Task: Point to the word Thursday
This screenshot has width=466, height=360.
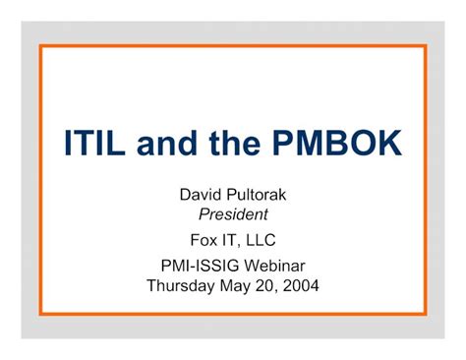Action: pyautogui.click(x=183, y=286)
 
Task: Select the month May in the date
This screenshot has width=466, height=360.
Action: pyautogui.click(x=240, y=286)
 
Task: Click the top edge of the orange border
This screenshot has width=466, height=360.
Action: pyautogui.click(x=233, y=44)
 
